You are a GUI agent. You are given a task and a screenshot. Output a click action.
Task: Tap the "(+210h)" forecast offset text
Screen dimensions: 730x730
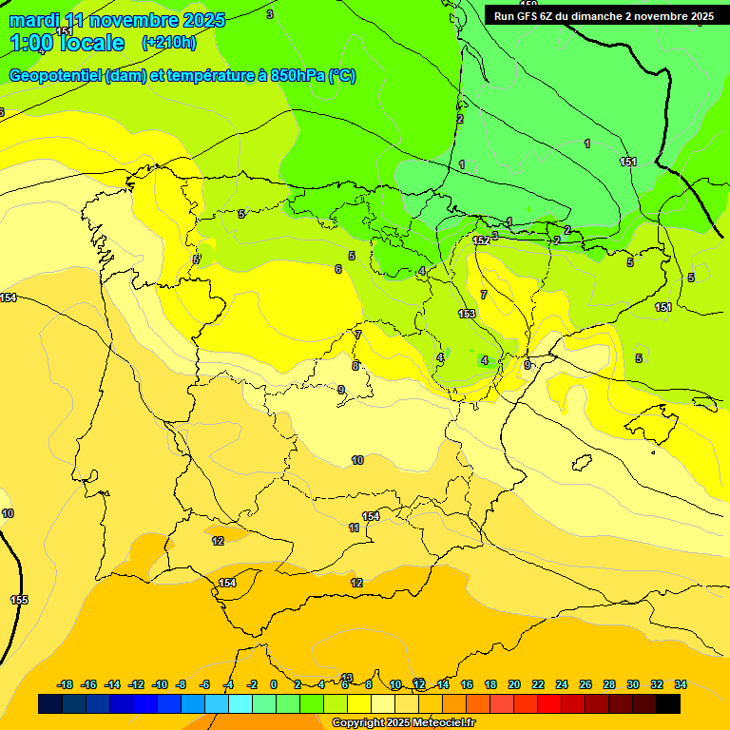(168, 43)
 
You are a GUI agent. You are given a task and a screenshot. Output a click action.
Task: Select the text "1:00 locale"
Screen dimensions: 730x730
(67, 43)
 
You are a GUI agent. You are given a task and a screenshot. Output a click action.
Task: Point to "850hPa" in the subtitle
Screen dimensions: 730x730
(298, 76)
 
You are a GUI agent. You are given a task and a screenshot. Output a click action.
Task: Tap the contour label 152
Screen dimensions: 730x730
(481, 240)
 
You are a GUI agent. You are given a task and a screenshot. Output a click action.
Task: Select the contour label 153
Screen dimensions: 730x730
(467, 314)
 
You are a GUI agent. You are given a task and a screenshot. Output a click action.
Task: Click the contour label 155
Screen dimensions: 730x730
(19, 600)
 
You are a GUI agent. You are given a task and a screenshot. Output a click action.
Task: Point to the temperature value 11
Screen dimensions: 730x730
(354, 528)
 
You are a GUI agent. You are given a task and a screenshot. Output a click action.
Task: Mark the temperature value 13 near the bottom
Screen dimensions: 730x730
(347, 677)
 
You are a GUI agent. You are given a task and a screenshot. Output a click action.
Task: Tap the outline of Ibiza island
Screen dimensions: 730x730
(581, 463)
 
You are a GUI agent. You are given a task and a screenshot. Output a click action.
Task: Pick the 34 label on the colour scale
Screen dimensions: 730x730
(681, 684)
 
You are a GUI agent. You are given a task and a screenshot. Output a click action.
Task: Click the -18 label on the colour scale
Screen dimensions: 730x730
(66, 684)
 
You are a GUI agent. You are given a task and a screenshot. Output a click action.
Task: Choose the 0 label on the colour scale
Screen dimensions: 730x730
(274, 684)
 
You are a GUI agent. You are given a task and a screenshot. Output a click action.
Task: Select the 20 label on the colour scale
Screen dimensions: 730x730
(514, 684)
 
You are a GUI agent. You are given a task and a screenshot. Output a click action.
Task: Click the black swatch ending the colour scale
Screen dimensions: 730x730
(668, 703)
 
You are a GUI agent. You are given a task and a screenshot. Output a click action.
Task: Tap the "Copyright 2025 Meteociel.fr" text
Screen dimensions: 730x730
(402, 723)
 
